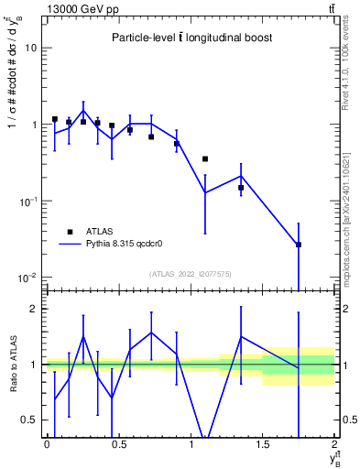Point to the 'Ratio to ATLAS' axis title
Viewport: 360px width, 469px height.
pyautogui.click(x=12, y=365)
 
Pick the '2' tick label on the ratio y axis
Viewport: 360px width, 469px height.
pyautogui.click(x=34, y=309)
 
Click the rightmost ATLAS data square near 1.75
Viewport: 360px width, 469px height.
pyautogui.click(x=299, y=245)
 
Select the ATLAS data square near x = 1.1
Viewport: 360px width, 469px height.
pyautogui.click(x=205, y=158)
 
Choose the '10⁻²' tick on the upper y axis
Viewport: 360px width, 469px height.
pyautogui.click(x=27, y=277)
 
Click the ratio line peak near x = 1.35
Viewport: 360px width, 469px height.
pyautogui.click(x=241, y=336)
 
